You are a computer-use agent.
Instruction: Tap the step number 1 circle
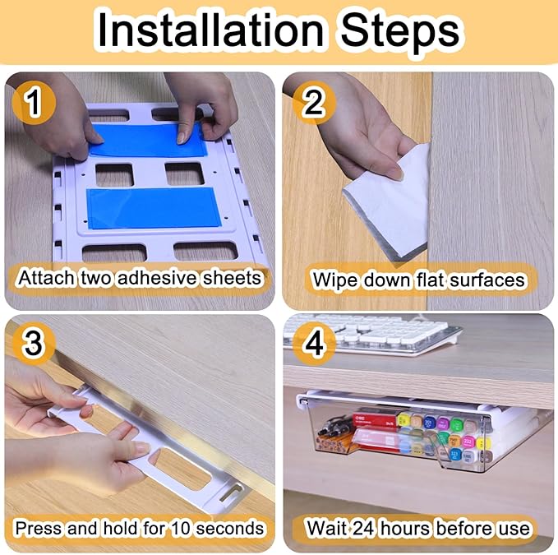pyautogui.click(x=33, y=104)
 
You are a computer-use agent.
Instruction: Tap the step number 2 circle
pyautogui.click(x=311, y=104)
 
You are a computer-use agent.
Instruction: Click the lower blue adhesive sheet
pyautogui.click(x=150, y=208)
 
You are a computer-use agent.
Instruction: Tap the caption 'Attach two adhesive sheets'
pyautogui.click(x=140, y=278)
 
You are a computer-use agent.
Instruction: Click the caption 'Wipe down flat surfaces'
pyautogui.click(x=418, y=280)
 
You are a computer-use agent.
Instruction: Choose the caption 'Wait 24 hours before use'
pyautogui.click(x=418, y=527)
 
